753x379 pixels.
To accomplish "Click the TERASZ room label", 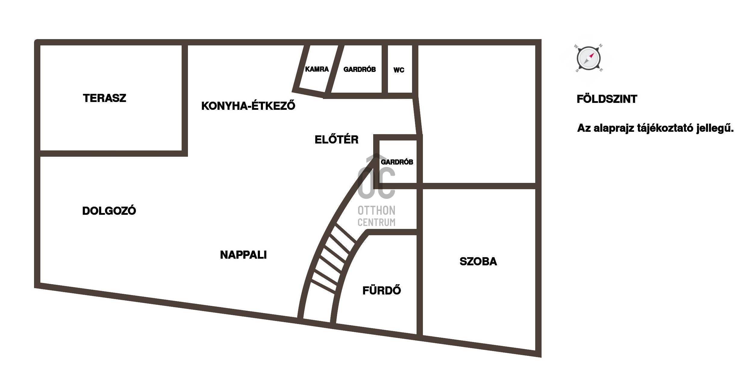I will click(105, 98).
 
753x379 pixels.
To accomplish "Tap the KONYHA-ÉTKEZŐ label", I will click(248, 106).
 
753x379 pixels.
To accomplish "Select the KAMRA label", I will click(317, 69).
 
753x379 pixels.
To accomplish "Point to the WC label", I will click(399, 70).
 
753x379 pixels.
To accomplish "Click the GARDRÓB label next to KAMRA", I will click(360, 69).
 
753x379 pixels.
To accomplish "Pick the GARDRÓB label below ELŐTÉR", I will click(397, 162).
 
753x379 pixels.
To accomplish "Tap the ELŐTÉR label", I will click(336, 140).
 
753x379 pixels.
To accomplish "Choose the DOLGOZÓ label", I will click(109, 211).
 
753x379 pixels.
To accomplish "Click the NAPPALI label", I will click(243, 255).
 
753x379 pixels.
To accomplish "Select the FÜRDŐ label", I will click(382, 291).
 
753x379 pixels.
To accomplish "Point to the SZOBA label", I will click(478, 262).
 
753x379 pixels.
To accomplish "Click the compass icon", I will click(588, 58).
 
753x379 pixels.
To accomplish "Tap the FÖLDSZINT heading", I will click(607, 99).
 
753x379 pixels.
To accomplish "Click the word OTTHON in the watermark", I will click(377, 210).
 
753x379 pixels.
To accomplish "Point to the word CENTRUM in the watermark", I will click(377, 222).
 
